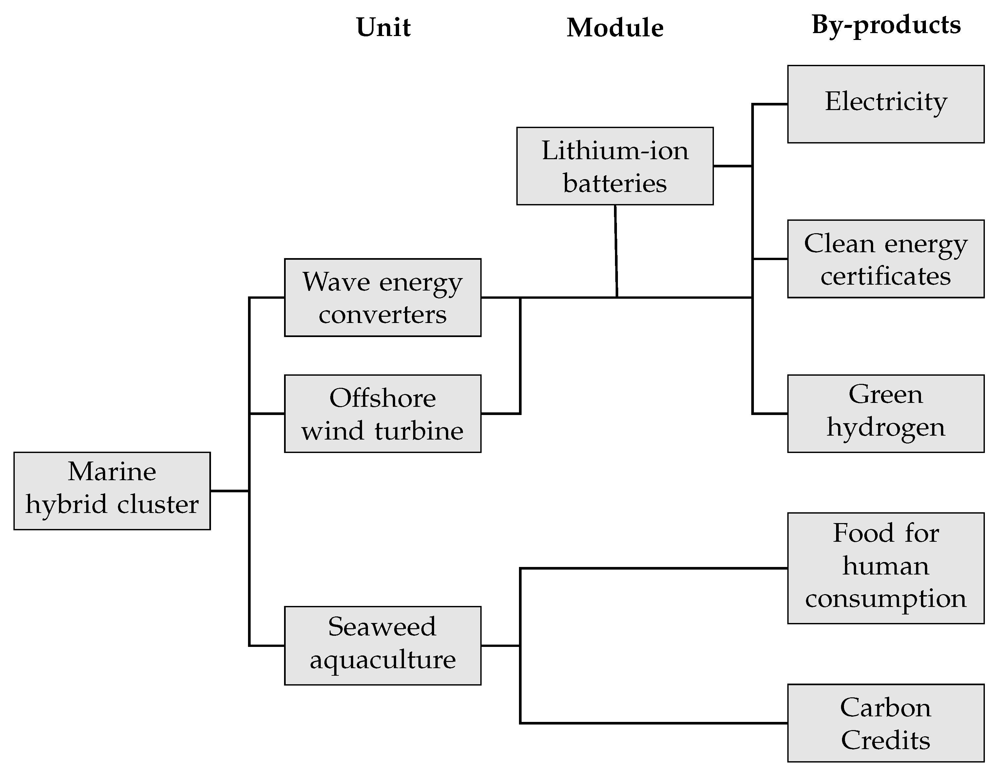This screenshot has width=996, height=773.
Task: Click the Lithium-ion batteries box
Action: [x=614, y=166]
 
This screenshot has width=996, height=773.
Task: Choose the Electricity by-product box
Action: [x=885, y=104]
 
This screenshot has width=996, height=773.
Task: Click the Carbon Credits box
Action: [x=885, y=723]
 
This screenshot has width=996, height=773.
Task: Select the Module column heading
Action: [x=614, y=28]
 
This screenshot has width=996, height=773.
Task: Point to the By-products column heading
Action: [x=886, y=25]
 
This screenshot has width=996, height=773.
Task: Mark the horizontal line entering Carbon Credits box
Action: [x=652, y=723]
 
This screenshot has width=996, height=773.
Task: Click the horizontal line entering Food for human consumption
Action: [x=652, y=568]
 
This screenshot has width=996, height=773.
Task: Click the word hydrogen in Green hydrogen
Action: [x=885, y=428]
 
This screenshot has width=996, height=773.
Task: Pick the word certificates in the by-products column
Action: [x=885, y=276]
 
